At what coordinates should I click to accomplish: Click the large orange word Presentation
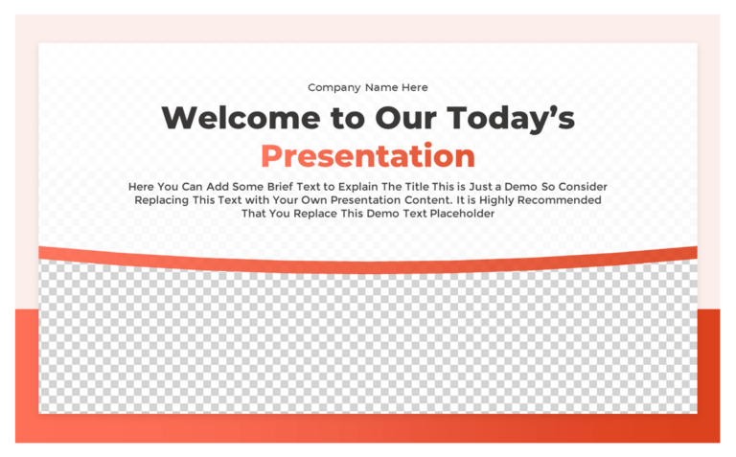tap(368, 155)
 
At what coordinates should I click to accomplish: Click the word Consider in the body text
tap(582, 187)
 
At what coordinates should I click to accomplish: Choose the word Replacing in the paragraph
tap(162, 200)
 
